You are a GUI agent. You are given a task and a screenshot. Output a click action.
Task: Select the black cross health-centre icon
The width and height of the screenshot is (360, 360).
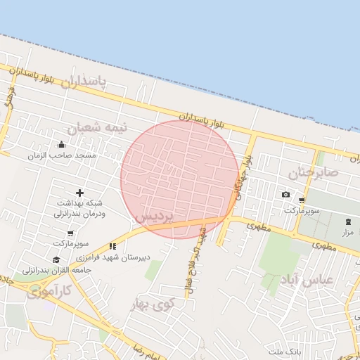coord(79,193)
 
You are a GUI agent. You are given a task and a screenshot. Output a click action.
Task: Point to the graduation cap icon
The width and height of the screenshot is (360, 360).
coord(56,259)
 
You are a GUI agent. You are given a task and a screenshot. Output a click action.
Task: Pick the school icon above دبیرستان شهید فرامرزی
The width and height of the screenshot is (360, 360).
coord(112,247)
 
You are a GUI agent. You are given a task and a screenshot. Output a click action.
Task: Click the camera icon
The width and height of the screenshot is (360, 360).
coord(285,195)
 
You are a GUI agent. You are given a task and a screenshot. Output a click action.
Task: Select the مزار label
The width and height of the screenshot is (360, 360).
coord(348,231)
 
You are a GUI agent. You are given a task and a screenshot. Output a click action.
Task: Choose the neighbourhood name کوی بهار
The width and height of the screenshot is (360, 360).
coord(152,304)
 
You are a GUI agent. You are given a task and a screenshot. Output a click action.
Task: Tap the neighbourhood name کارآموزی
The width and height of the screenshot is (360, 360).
coord(49,290)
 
